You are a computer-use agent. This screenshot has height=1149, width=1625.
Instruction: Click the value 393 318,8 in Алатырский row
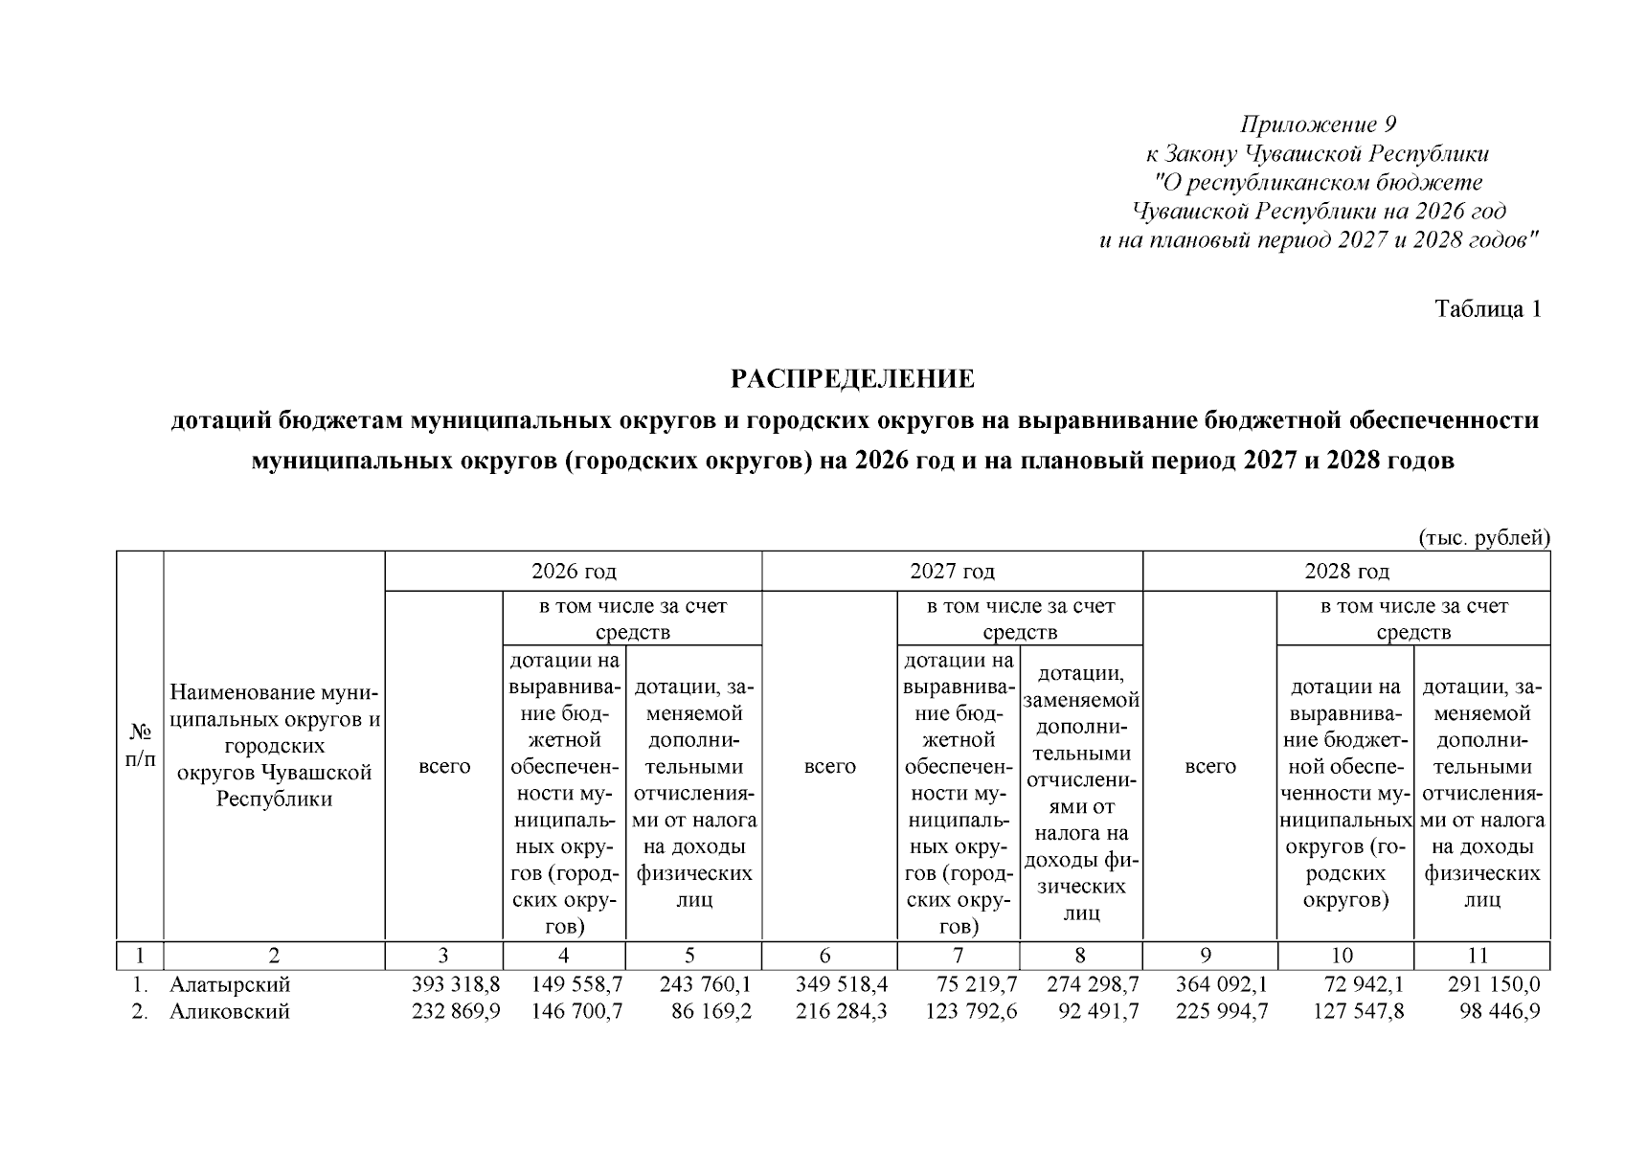coord(455,984)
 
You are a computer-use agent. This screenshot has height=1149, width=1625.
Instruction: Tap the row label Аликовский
coord(230,1011)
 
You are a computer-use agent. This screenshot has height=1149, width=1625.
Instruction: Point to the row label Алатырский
coord(230,984)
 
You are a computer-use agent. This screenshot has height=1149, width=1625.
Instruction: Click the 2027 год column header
coord(952,572)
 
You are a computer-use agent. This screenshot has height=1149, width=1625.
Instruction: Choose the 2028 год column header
coord(1345,572)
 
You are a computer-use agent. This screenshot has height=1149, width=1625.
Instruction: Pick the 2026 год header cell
coord(574,572)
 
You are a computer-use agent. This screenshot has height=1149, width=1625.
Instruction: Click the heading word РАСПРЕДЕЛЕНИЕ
coord(852,379)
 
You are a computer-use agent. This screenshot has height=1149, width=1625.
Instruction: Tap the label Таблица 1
coord(1487,309)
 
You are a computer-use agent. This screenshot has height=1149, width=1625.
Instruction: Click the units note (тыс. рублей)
coord(1483,538)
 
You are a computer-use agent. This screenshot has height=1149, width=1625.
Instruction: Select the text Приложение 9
coord(1319,124)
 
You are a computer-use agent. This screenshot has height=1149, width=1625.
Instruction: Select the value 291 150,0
coord(1495,984)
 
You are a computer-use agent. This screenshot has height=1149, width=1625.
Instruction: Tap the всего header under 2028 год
coord(1210,766)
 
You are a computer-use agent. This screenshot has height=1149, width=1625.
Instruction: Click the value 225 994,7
coord(1221,1011)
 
